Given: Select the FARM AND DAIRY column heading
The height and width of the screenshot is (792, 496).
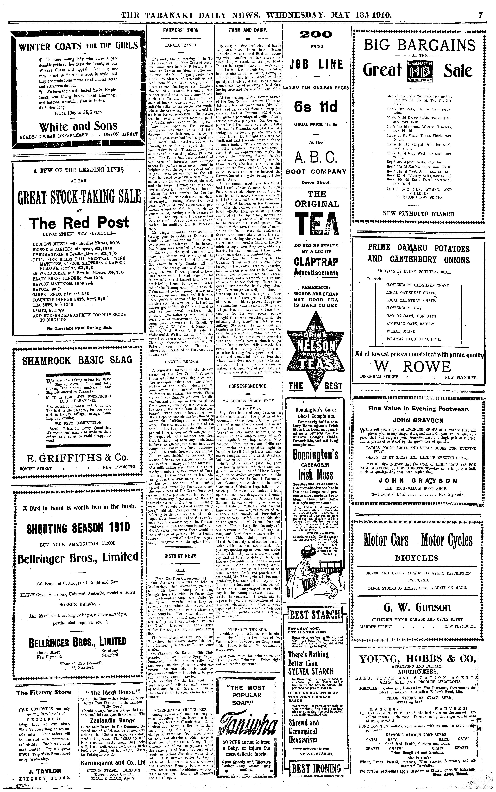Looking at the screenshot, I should coord(248,30).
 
